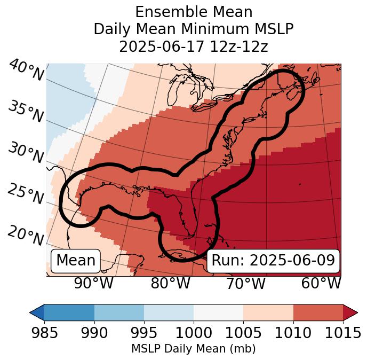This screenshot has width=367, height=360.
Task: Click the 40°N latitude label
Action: (x=26, y=71)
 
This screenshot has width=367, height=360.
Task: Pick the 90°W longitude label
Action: (x=93, y=283)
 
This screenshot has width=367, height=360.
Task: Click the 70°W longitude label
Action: (x=245, y=283)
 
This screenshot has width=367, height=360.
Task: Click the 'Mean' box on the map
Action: (x=76, y=261)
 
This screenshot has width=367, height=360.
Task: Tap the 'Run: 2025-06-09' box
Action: (x=273, y=261)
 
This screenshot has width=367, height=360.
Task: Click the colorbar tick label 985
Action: (x=44, y=333)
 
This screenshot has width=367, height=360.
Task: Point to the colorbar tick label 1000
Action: (x=194, y=333)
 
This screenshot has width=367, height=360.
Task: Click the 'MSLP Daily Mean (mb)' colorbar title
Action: (x=193, y=349)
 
